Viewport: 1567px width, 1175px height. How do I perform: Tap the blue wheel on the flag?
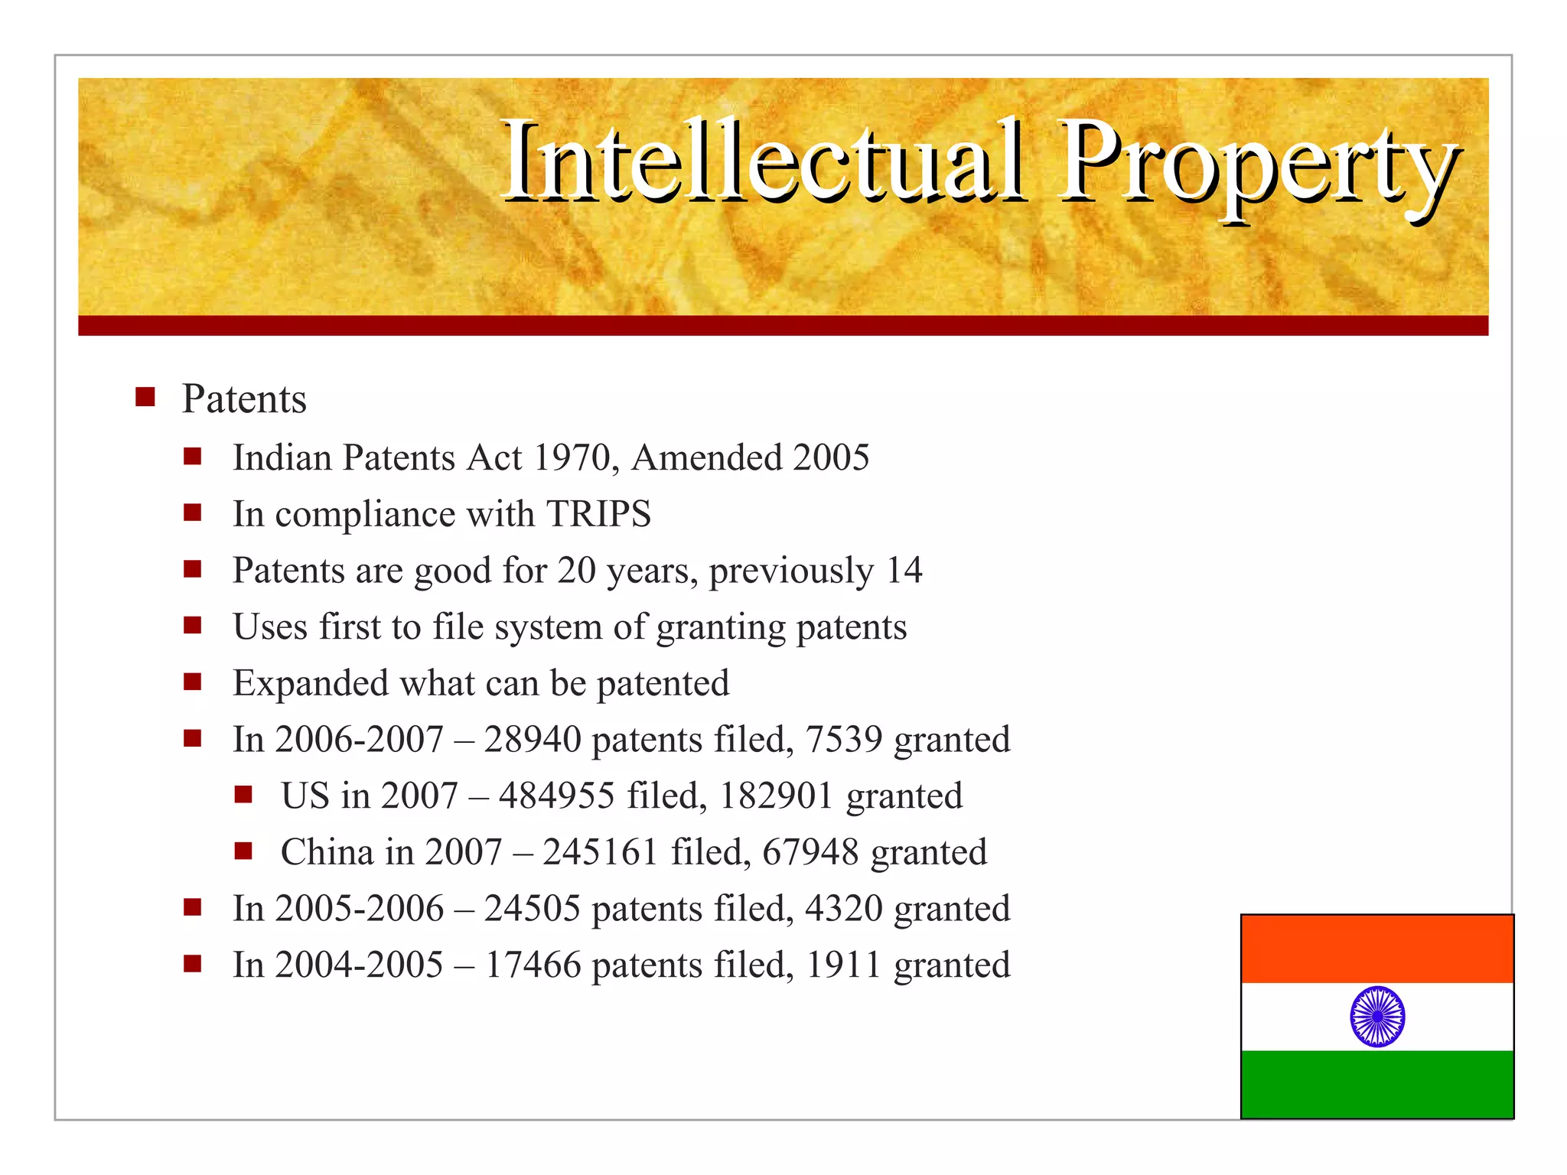point(1377,1016)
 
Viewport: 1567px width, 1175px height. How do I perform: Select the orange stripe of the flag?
point(1377,949)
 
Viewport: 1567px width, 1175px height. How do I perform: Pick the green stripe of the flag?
point(1377,1083)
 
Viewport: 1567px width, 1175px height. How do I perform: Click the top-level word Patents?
point(244,399)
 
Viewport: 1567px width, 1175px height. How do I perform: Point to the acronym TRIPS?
point(598,513)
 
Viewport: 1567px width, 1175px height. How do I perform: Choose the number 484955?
point(556,796)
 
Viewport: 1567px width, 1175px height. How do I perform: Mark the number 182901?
point(776,796)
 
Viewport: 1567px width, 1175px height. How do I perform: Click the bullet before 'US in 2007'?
point(243,795)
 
